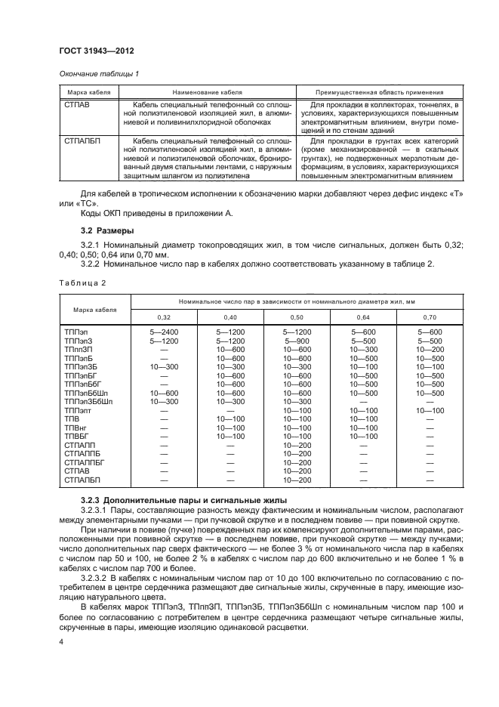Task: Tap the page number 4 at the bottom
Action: pos(62,641)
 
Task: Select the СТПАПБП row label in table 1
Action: pos(82,140)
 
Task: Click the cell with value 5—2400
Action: pos(164,332)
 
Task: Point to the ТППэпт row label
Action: pos(79,410)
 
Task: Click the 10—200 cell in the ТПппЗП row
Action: pos(430,350)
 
